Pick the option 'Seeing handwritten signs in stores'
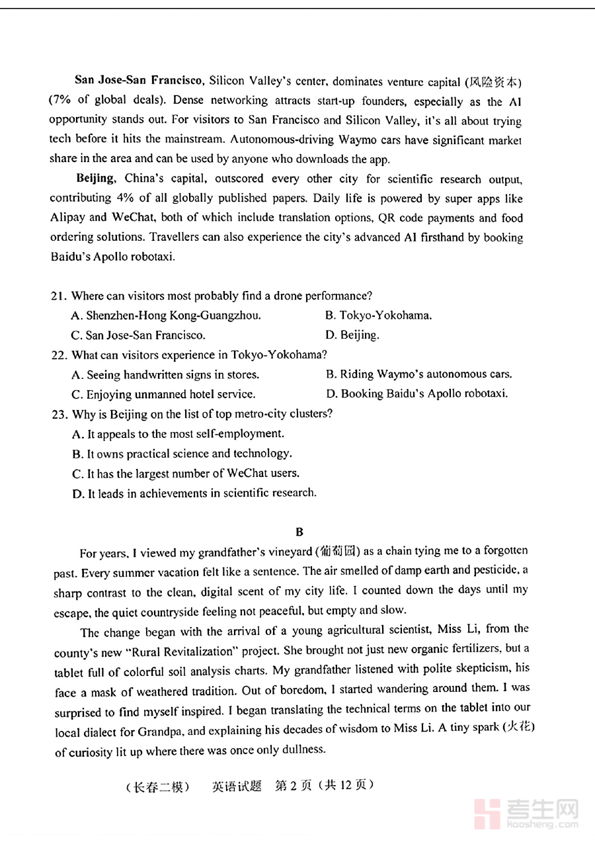(165, 374)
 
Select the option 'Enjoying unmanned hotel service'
(163, 394)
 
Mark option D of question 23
(193, 493)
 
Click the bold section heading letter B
(299, 531)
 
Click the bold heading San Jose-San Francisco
(138, 81)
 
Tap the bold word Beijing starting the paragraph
(96, 179)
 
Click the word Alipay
(68, 218)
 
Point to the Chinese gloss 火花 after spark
(519, 728)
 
